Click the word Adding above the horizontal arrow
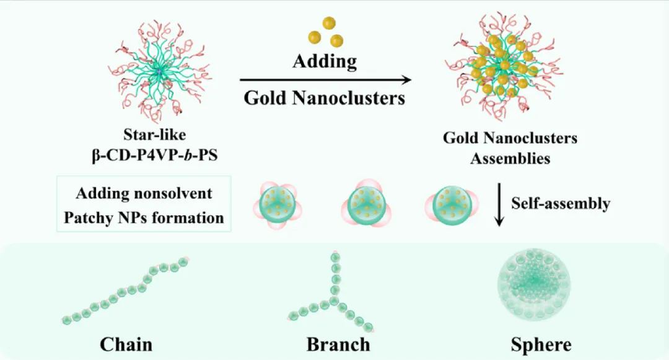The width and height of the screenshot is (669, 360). [325, 61]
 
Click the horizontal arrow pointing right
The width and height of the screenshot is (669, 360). [325, 80]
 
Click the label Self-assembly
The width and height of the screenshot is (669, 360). [561, 203]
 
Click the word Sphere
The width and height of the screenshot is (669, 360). [541, 344]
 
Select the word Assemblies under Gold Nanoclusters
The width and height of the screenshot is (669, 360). [510, 158]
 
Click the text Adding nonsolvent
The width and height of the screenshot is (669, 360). [144, 193]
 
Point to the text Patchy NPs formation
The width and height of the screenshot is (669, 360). [144, 217]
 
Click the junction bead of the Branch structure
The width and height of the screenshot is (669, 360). [335, 301]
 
